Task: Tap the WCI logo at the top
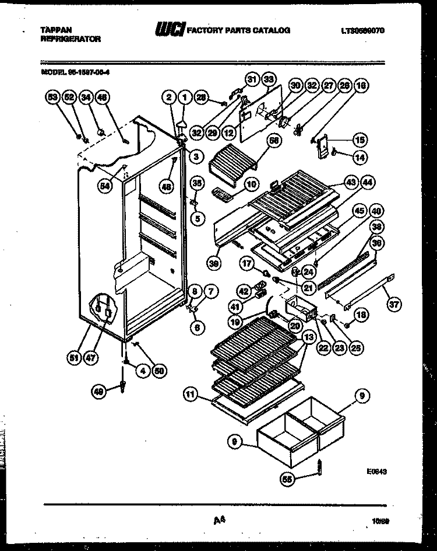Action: (168, 30)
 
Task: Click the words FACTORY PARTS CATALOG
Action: (237, 30)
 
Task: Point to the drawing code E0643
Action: (378, 470)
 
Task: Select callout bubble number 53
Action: (52, 97)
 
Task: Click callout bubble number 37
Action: (394, 303)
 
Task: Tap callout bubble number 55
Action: (287, 479)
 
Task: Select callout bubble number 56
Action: (273, 141)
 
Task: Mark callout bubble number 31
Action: (252, 79)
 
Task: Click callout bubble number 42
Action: (244, 290)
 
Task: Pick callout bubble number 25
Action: (355, 348)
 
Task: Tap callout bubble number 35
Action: (198, 183)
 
